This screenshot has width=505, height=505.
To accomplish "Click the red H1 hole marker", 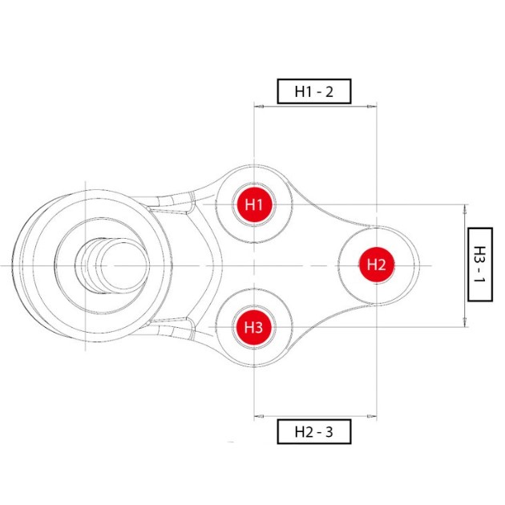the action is (x=254, y=204).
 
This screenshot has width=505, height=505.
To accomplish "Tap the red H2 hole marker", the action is (x=377, y=265).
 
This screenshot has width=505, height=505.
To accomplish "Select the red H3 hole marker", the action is (x=254, y=327).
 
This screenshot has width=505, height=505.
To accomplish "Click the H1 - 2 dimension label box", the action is (x=314, y=91).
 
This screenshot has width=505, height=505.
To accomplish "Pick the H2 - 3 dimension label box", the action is (x=314, y=431).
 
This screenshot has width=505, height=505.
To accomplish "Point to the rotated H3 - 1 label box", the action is (x=480, y=265).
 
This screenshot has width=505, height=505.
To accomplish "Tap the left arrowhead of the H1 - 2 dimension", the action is (x=259, y=106).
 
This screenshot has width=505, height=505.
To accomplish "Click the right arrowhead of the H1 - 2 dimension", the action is (x=372, y=106).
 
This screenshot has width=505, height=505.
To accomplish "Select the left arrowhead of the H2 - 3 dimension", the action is (x=259, y=416).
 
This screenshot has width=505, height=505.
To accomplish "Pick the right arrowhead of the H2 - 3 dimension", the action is (x=372, y=416).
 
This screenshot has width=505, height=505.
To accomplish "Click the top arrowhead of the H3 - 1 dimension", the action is (x=465, y=209).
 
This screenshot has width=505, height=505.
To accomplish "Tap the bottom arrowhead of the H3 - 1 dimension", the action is (x=465, y=322).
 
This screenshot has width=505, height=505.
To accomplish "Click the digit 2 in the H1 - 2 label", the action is (x=329, y=92).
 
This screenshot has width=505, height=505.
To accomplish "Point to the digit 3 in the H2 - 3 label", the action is (x=329, y=432).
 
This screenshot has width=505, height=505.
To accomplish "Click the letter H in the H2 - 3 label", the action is (x=299, y=432).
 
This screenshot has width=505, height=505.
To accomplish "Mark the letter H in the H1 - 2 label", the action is (x=299, y=92).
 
